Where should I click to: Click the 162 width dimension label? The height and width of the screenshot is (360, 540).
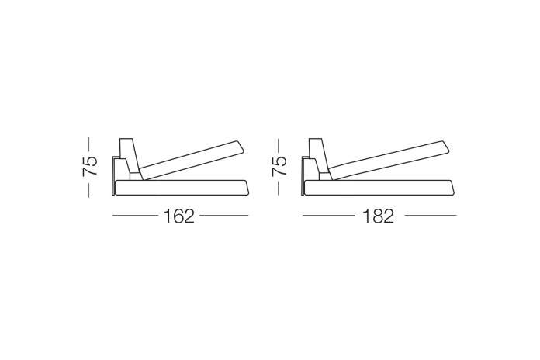[x=178, y=216]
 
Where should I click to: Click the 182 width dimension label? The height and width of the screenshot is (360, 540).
[x=378, y=216]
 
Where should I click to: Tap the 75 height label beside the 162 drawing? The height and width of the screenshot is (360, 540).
[x=89, y=166]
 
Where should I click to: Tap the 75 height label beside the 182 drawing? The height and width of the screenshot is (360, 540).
[x=279, y=166]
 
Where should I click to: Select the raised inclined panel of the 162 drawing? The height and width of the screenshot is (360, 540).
[x=192, y=160]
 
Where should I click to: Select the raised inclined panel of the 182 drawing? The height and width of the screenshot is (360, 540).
[x=389, y=160]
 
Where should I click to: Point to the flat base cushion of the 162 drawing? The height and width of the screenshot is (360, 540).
[x=182, y=188]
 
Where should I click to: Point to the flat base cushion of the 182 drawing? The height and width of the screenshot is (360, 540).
[x=379, y=188]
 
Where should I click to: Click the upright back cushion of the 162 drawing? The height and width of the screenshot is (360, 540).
[x=129, y=156]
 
